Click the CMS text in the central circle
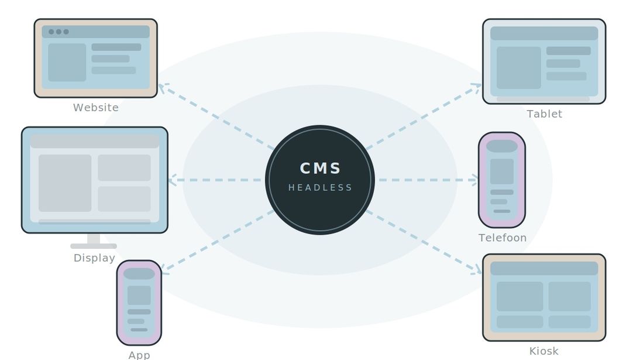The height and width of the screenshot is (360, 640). (x=320, y=169)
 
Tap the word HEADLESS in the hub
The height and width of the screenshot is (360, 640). (x=320, y=188)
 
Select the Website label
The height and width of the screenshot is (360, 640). (x=96, y=108)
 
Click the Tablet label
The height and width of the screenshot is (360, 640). (x=544, y=114)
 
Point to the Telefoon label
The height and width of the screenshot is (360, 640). (x=503, y=238)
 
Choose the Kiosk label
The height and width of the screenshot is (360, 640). (x=543, y=351)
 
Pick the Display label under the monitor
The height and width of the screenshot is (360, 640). (x=94, y=258)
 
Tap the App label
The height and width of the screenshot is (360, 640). (x=139, y=355)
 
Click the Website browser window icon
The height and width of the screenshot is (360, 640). (x=95, y=59)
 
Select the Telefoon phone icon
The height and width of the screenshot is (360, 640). (x=502, y=180)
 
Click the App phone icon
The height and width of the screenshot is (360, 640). (x=139, y=303)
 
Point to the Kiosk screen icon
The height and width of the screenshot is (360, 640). (x=544, y=297)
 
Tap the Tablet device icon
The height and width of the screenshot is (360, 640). (x=544, y=61)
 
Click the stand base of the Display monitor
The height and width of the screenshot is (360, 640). (x=94, y=246)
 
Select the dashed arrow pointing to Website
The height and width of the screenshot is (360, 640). (x=216, y=117)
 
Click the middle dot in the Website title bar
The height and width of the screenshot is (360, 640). (x=59, y=32)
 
